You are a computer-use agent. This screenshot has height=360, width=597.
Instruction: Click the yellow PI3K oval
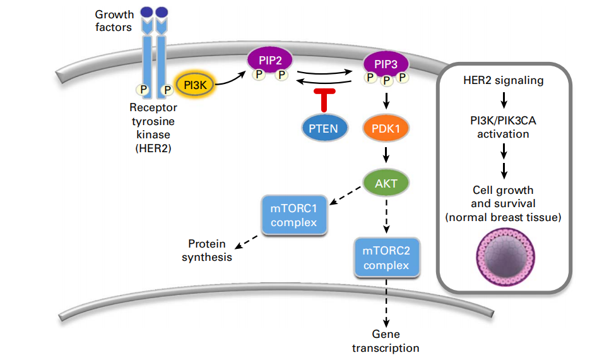click(195, 85)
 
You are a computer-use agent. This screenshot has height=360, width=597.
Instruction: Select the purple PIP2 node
click(270, 60)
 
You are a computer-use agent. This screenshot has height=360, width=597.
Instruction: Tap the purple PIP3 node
click(386, 64)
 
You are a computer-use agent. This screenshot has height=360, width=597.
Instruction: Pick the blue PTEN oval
click(324, 128)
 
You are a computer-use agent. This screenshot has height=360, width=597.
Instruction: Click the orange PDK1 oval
click(386, 128)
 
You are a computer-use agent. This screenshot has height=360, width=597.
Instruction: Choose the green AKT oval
click(386, 183)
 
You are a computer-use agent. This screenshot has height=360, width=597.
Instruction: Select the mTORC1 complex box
click(294, 215)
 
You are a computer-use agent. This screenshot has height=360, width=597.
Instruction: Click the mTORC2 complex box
click(386, 258)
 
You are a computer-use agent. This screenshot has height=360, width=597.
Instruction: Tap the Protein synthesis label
click(207, 250)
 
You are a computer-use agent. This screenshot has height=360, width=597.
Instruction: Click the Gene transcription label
click(386, 341)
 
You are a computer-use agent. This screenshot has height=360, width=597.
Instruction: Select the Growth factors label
click(114, 21)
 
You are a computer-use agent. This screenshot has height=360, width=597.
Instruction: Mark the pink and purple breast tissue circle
click(505, 257)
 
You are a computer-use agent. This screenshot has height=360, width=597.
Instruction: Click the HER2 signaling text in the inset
click(504, 80)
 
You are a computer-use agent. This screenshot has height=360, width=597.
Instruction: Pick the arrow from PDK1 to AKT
click(386, 155)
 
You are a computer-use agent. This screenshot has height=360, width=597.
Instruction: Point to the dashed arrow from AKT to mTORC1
click(345, 195)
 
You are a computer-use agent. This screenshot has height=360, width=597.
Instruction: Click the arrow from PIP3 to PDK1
click(386, 100)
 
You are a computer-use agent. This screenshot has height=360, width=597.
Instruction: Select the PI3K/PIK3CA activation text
click(503, 127)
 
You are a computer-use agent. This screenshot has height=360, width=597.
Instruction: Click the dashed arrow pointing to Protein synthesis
click(246, 243)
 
